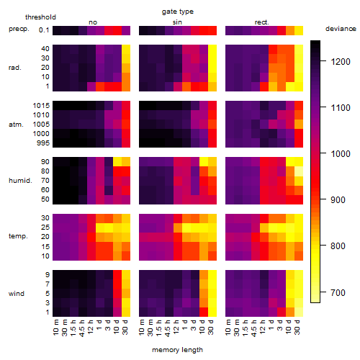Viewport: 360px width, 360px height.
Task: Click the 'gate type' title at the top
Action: tap(178, 12)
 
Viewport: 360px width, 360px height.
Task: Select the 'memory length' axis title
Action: tap(177, 350)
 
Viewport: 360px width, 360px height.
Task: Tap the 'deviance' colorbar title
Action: tap(341, 29)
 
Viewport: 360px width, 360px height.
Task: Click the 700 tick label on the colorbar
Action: tap(338, 292)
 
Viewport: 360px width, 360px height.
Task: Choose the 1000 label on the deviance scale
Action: tap(341, 153)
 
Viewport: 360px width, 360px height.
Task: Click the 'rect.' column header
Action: tap(261, 22)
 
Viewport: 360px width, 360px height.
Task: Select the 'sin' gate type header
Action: tap(177, 22)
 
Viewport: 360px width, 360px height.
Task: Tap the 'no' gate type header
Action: tap(93, 22)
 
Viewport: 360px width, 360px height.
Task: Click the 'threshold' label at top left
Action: tap(40, 17)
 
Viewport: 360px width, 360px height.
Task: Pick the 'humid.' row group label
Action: tap(20, 181)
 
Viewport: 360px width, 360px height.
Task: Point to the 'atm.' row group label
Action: tap(16, 125)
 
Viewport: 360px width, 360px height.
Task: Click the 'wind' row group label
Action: tap(17, 294)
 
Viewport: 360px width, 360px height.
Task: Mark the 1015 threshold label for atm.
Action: tap(41, 106)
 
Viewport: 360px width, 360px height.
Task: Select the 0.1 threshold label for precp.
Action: tap(44, 30)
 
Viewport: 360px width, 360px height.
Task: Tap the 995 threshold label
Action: tap(43, 143)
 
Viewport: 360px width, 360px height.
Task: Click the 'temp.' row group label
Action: tap(18, 236)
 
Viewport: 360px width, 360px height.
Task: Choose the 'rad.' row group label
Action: tap(15, 68)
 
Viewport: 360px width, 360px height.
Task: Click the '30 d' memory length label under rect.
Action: tap(297, 327)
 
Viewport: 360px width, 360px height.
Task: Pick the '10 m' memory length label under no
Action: tap(55, 328)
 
